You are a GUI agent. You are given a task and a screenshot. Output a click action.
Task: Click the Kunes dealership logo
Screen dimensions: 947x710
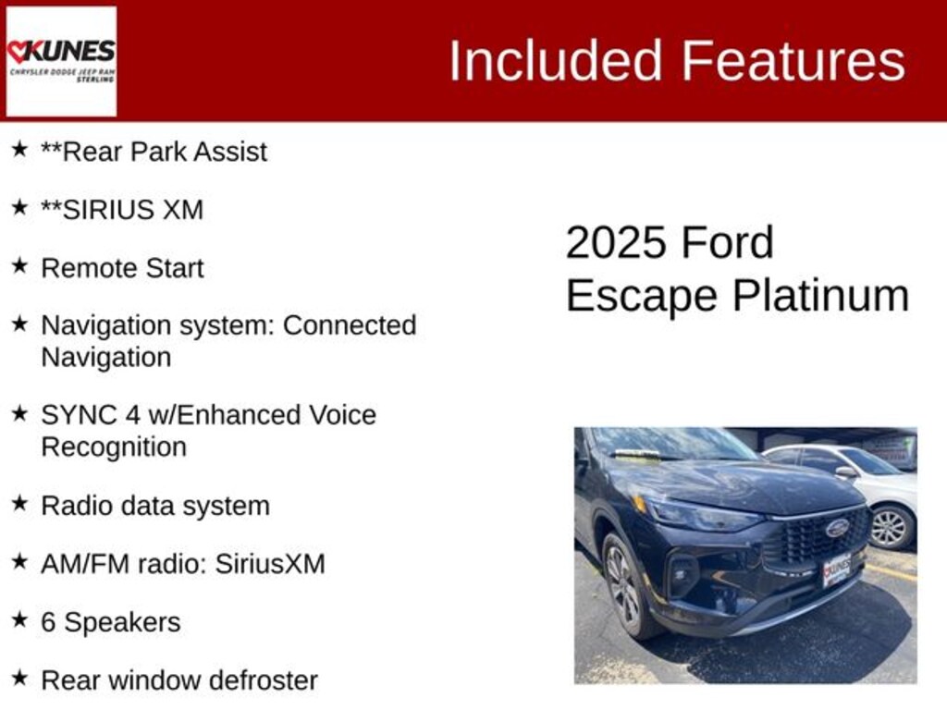(x=61, y=60)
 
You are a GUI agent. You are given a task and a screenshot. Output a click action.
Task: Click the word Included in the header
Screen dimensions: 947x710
(x=556, y=60)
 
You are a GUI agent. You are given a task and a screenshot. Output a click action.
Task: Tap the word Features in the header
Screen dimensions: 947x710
(x=793, y=60)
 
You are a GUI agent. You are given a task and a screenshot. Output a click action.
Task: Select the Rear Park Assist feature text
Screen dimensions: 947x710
(x=154, y=152)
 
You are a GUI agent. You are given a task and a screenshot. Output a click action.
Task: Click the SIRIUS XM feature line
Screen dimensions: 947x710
(x=122, y=210)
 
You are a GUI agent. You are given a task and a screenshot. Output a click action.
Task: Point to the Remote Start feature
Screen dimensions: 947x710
(x=122, y=268)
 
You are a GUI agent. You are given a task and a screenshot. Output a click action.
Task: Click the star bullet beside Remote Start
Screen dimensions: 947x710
(x=19, y=265)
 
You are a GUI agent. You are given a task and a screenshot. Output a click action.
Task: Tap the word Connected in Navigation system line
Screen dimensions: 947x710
(x=349, y=325)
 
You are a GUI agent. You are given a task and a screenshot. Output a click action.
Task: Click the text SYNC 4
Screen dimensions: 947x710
(x=90, y=415)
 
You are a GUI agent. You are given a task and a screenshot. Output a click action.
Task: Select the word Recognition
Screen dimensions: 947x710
(x=114, y=447)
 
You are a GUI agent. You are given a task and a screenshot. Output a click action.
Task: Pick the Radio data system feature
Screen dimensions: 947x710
(x=155, y=506)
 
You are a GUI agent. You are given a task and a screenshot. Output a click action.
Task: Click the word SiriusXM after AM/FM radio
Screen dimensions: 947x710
(x=270, y=564)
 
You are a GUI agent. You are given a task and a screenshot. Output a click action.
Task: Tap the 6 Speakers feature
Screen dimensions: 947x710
(x=111, y=622)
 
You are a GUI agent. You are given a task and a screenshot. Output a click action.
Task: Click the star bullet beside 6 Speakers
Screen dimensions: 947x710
(x=19, y=619)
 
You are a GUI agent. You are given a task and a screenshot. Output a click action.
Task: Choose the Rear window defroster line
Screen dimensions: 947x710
(x=179, y=680)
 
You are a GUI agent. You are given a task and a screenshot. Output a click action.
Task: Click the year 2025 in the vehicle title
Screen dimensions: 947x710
(x=615, y=243)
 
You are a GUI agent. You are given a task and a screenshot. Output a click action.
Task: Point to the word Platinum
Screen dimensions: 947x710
(x=821, y=296)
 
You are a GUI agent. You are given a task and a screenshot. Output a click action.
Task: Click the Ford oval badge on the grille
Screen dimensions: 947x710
(x=837, y=528)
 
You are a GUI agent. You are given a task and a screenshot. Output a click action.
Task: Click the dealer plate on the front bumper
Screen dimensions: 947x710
(x=837, y=569)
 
